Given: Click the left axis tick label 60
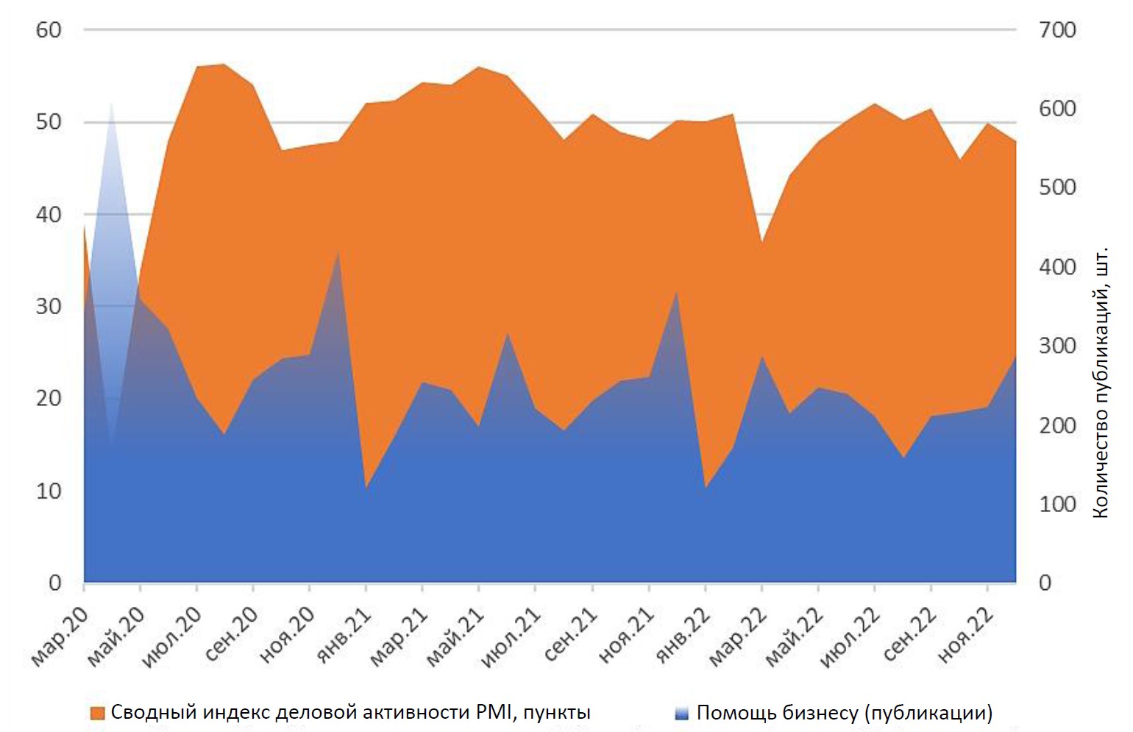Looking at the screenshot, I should coord(49,30).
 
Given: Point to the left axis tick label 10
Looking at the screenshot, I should coord(49,491).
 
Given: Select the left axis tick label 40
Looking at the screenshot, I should coord(49,215).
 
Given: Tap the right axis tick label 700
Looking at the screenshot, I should coord(1057,30).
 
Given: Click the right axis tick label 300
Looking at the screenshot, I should coord(1057,346).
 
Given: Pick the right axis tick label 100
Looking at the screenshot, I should coord(1057,504).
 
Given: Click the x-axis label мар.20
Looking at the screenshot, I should coord(60,636).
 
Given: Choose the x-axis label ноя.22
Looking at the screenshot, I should coord(965,636).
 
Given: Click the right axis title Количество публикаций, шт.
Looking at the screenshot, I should coord(1100,383).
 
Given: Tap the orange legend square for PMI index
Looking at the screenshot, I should coord(97,713).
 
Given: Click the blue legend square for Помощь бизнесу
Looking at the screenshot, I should coord(681,713).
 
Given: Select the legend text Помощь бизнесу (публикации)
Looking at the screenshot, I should coord(845,713).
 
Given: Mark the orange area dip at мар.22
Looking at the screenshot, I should coord(762,243).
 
